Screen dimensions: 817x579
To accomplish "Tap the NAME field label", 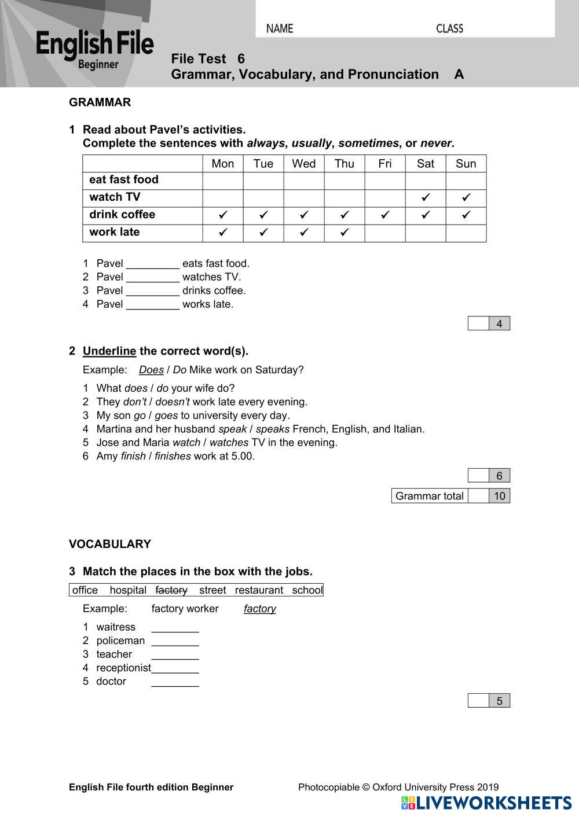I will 280,28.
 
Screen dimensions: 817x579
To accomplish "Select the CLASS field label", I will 449,28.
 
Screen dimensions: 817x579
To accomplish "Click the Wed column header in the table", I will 304,164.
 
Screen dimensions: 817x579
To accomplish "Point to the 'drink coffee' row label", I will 122,215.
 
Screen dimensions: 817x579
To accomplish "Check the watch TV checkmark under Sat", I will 426,198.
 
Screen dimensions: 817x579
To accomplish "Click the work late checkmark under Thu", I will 345,233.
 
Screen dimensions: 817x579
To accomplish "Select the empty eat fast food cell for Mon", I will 223,181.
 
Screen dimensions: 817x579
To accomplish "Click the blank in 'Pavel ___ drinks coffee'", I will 153,290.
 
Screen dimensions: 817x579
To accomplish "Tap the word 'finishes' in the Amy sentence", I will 173,456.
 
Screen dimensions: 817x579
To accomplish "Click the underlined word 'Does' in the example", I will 151,370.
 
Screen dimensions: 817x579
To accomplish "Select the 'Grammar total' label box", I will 430,496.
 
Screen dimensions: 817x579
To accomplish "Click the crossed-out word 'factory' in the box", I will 171,590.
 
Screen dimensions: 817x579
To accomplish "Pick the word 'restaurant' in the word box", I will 259,590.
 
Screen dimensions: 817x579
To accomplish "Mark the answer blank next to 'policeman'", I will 175,641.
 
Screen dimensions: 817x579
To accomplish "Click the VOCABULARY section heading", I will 110,544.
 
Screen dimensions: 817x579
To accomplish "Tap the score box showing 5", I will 499,701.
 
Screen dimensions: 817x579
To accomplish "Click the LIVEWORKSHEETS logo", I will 486,803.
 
